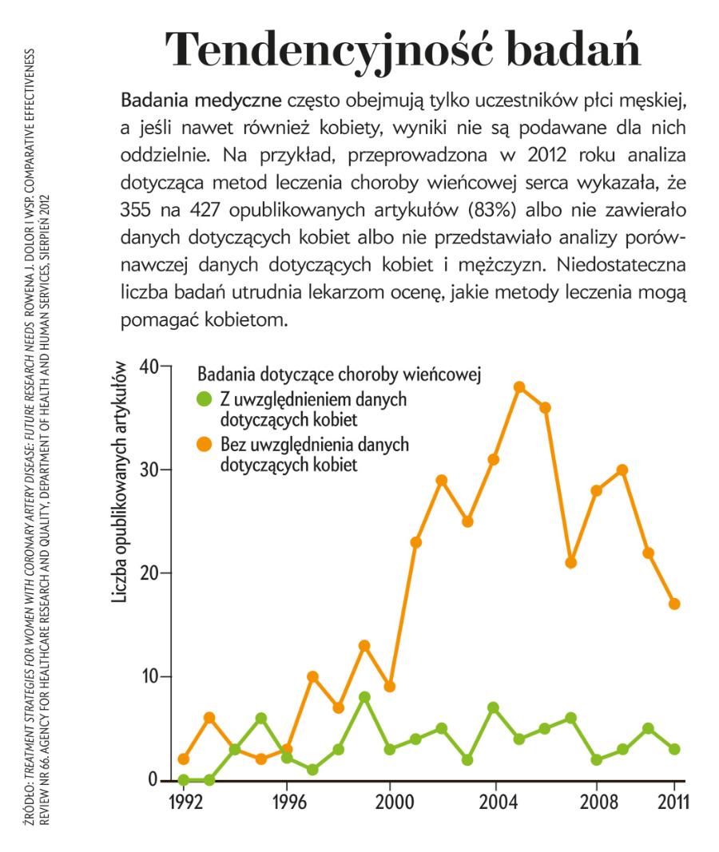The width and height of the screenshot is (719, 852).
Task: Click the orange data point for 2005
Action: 519,387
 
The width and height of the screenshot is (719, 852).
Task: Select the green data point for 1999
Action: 364,697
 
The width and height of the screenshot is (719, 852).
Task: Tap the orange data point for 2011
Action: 674,604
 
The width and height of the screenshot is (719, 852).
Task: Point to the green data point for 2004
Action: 494,707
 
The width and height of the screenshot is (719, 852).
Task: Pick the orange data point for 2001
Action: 416,542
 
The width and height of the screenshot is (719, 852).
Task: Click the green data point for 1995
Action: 261,718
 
